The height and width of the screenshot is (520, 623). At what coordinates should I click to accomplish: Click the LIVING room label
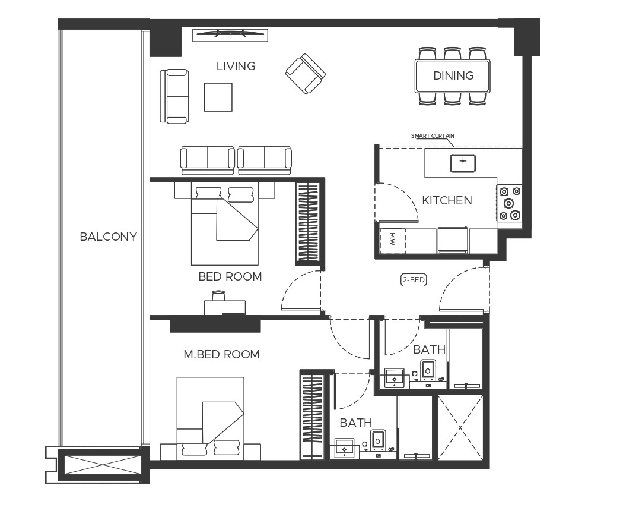coord(236,66)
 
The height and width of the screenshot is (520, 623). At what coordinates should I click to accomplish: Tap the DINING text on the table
coord(453,75)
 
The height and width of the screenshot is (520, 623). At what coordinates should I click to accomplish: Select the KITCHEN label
coord(447,200)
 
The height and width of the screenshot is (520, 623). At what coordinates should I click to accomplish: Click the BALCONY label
coord(108,237)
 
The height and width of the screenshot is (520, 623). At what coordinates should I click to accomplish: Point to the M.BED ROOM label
coord(221,354)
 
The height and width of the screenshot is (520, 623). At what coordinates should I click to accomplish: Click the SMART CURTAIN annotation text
coord(433,136)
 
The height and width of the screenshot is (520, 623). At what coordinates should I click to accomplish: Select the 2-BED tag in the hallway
coord(414,280)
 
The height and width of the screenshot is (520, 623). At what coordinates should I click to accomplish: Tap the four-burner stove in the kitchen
coord(510,203)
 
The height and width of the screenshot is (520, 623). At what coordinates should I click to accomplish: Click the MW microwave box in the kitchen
coord(392,240)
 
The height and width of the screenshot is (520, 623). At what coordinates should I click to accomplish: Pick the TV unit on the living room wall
coord(230,34)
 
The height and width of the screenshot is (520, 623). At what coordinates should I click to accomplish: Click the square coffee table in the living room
coord(218,97)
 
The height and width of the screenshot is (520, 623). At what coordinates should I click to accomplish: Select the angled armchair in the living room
coord(305,74)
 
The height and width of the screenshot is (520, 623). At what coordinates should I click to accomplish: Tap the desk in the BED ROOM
coord(224,306)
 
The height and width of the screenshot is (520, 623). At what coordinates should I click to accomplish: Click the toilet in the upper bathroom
coord(428,370)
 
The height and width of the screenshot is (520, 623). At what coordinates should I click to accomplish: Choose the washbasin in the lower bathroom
coord(344,446)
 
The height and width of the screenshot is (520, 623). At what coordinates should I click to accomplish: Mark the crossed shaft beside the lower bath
coord(460,427)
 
